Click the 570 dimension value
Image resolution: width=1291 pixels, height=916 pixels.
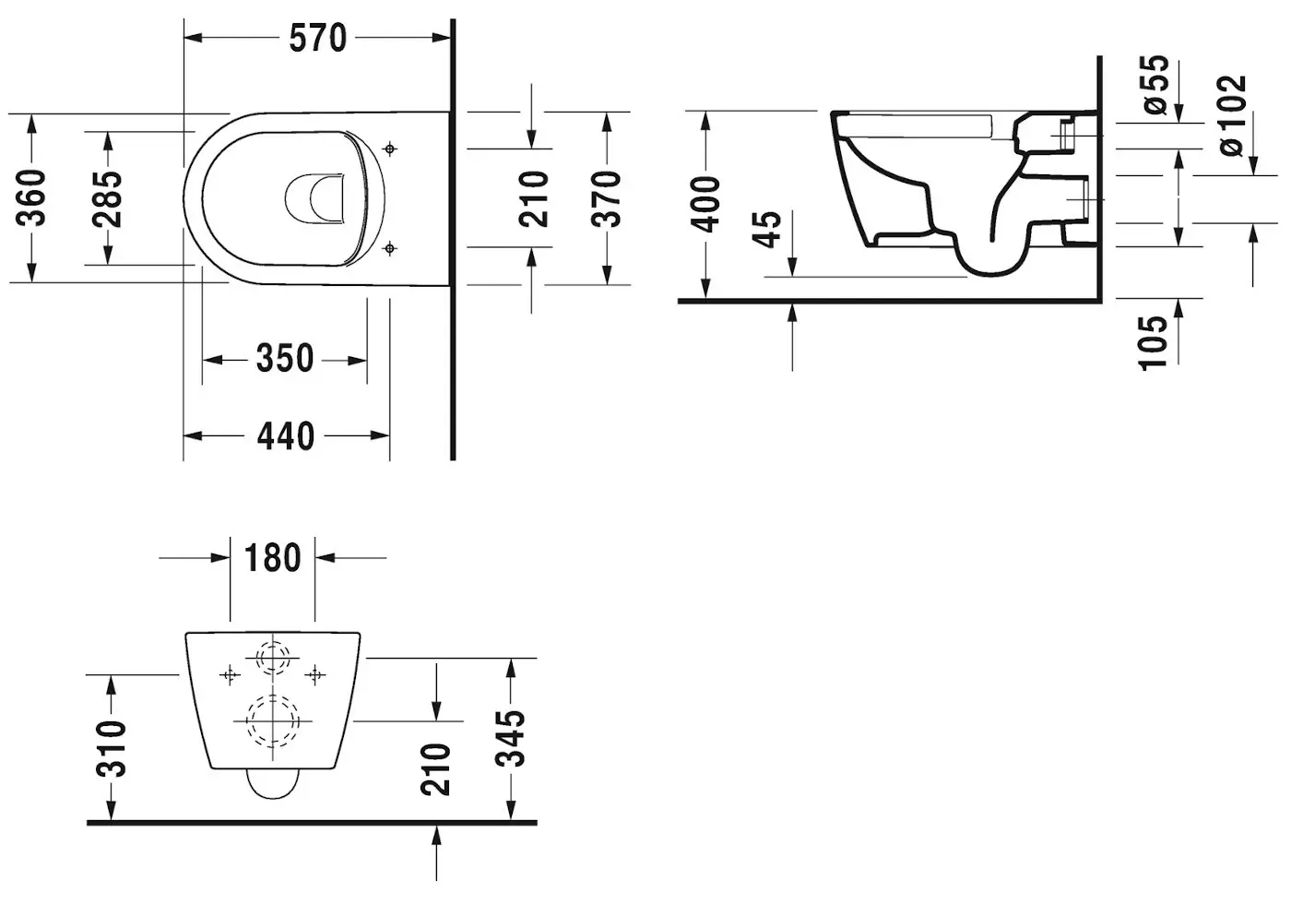317,38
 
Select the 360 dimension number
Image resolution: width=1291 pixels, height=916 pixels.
32,197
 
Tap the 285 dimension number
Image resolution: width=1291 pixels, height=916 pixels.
108,197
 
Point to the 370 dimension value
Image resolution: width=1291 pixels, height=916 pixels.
606,197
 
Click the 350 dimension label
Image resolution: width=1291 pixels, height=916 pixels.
285,359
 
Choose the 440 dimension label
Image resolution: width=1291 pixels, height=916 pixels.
285,435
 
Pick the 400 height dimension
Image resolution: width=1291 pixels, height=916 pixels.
707,205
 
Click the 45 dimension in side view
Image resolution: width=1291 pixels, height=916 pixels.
767,230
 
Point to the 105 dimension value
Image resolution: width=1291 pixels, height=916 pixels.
1154,342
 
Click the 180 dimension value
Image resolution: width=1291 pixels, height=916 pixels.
272,558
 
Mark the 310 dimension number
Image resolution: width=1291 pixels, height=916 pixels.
111,748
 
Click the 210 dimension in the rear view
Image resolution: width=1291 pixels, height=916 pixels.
435,768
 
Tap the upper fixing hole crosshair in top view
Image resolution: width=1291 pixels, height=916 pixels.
390,149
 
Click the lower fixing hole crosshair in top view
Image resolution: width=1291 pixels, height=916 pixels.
390,247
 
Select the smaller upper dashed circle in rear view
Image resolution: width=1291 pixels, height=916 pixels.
272,659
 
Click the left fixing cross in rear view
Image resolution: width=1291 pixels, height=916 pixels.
230,675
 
